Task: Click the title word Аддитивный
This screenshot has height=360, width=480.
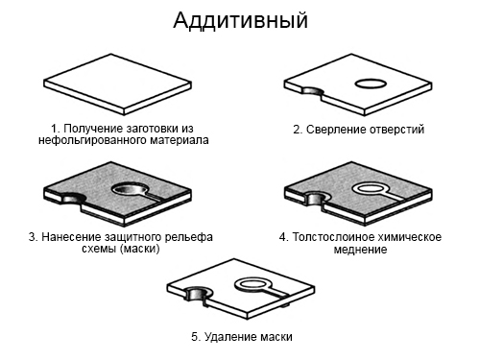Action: click(240, 20)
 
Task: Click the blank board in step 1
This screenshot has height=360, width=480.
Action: click(117, 84)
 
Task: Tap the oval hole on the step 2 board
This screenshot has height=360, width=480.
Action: click(371, 84)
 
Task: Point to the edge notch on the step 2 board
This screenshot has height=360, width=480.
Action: click(313, 92)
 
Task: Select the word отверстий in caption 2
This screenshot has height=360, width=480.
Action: click(396, 130)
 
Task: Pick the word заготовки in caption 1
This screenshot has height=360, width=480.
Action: click(153, 129)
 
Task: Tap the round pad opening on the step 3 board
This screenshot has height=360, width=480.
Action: click(130, 189)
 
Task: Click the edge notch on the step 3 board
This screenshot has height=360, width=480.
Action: click(73, 199)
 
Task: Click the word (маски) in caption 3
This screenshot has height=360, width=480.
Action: click(139, 249)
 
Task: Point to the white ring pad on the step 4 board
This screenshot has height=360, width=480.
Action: click(371, 189)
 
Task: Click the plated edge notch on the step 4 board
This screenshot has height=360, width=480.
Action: click(315, 199)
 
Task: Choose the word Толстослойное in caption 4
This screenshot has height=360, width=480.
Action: click(332, 237)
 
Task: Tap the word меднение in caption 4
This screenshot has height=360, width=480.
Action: click(360, 249)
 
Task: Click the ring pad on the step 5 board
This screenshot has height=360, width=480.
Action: click(253, 284)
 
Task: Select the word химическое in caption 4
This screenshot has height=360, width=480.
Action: click(409, 237)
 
